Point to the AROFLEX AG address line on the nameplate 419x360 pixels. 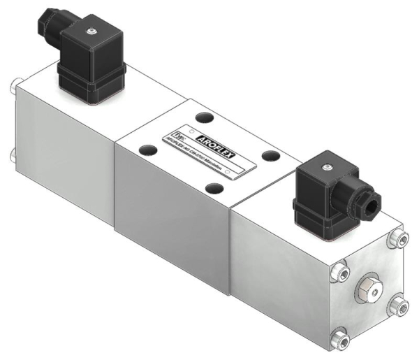(x=203, y=154)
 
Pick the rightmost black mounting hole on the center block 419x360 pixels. (x=268, y=156)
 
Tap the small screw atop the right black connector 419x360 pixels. (x=325, y=167)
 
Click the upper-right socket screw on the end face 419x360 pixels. (x=399, y=239)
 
